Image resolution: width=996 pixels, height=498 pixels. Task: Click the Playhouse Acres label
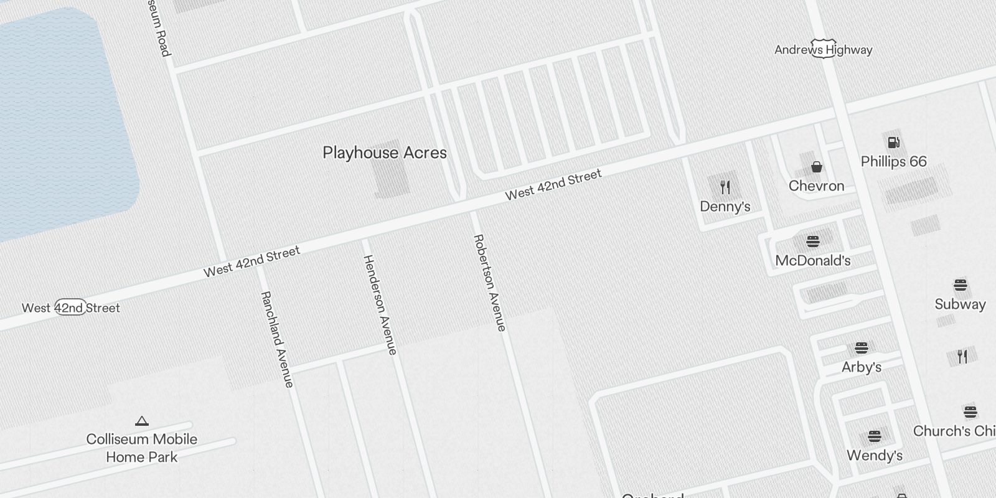coord(385,153)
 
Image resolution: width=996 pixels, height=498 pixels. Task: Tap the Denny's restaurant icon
coord(725,187)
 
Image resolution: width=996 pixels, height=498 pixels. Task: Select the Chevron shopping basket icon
coord(816,167)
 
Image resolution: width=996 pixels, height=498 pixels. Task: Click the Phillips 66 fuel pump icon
coord(893,143)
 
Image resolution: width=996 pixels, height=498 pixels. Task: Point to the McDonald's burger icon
coord(812,242)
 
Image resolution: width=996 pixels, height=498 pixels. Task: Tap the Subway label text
coord(960,304)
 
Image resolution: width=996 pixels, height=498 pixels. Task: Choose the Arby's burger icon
coord(861,348)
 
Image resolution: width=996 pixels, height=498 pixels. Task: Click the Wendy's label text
coord(874,456)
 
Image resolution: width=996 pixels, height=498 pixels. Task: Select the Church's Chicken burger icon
coord(970,412)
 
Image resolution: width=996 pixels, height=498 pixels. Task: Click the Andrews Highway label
coord(823,50)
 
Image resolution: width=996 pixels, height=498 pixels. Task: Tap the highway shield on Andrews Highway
coord(823,50)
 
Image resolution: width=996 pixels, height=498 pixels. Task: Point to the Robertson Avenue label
coord(490,283)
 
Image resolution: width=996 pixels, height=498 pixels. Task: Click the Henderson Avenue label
coord(380,305)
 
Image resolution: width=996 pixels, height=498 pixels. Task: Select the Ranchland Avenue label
coord(277,339)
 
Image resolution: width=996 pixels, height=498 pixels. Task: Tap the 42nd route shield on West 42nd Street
coord(70,308)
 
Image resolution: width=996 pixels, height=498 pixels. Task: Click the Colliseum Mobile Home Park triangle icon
coord(142,421)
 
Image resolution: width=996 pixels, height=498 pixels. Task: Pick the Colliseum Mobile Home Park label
coord(142,448)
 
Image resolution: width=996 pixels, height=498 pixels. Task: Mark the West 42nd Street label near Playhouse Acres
coord(553,185)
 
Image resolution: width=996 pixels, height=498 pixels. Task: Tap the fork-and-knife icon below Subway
coord(962,357)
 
